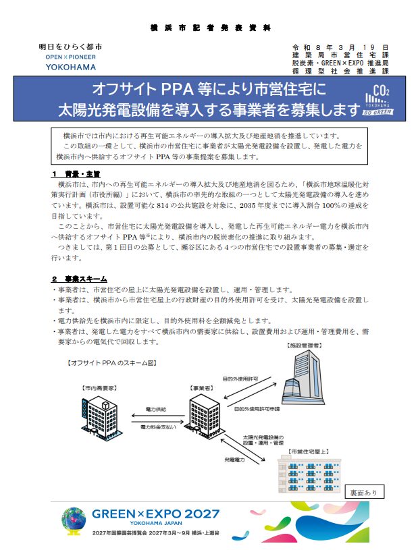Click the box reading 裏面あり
coord(365,491)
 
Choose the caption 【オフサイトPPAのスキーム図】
coord(113,362)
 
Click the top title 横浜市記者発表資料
coord(210,28)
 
